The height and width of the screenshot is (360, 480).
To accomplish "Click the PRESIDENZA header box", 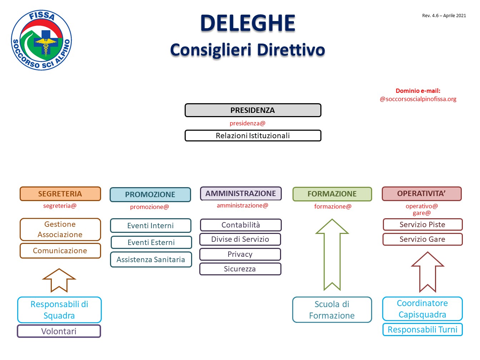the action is point(253,110).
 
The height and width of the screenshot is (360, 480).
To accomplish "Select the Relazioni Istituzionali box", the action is point(253,135).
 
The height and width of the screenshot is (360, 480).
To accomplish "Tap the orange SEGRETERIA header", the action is point(60,194).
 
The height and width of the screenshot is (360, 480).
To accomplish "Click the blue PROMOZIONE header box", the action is point(150,194).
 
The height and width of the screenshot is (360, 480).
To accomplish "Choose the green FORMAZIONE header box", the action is point(332,194).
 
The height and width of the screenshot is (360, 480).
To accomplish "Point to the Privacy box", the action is point(240,254).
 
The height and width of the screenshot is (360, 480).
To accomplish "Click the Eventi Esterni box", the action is point(151,242).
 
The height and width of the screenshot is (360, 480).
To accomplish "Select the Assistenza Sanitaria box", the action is point(151,259).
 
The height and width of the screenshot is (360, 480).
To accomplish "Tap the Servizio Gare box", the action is point(422,239).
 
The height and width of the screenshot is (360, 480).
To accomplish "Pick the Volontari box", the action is point(59,331).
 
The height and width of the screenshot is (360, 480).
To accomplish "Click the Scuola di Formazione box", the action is point(332,310).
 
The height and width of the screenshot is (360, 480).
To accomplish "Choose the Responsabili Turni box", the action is point(422,329).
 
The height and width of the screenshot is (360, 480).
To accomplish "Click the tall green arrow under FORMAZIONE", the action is point(332,255).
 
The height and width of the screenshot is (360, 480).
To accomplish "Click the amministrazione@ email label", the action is point(242,205).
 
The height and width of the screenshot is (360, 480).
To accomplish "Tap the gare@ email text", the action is point(422,213).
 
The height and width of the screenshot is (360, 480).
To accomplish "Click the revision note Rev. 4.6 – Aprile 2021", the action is point(444,15).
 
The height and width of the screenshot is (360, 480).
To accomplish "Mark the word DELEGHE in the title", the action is point(248,23).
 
